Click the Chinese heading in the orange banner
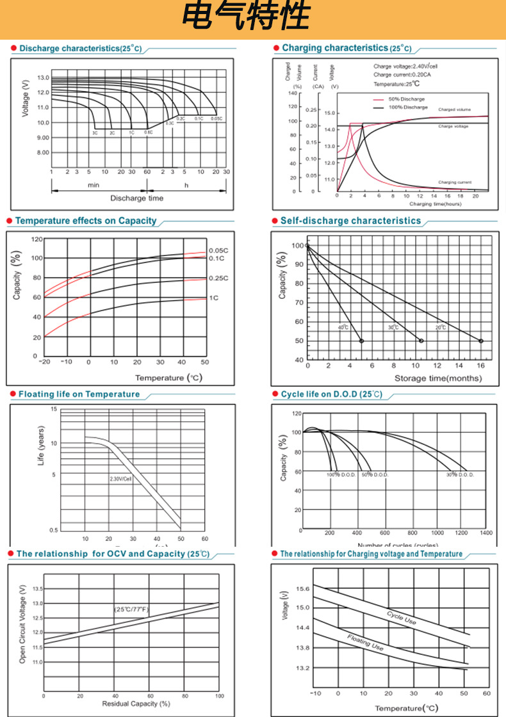tap(246, 19)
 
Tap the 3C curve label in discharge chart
tap(95, 133)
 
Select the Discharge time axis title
tap(136, 198)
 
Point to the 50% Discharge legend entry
tap(406, 99)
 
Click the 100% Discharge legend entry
tap(407, 107)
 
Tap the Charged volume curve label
tap(455, 110)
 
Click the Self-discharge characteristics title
tap(350, 221)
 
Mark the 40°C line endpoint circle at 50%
tap(361, 341)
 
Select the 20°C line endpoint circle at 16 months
tap(480, 341)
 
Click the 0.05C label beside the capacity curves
tap(218, 251)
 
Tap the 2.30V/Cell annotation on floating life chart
tap(120, 478)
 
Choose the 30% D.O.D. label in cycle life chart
tap(460, 474)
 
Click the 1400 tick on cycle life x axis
tap(486, 533)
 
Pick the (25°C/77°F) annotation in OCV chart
tap(131, 609)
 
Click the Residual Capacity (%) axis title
tap(136, 704)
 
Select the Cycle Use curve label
tap(402, 618)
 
